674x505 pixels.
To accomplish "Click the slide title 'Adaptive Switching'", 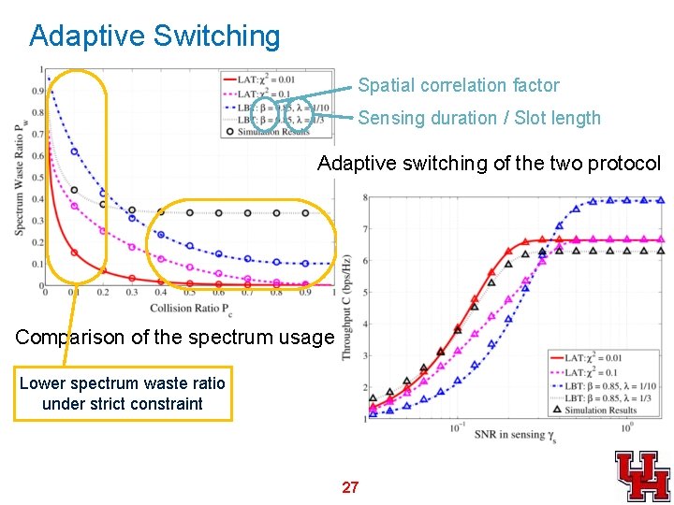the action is pyautogui.click(x=154, y=36).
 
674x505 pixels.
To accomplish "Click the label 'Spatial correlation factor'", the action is pyautogui.click(x=459, y=86).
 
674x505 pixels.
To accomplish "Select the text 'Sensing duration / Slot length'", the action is pyautogui.click(x=479, y=118).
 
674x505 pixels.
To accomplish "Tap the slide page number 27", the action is pyautogui.click(x=350, y=487).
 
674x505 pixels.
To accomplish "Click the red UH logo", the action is pyautogui.click(x=642, y=474).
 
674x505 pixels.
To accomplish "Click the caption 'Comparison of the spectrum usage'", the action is pyautogui.click(x=174, y=337).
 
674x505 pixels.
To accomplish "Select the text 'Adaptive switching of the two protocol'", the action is pyautogui.click(x=489, y=164).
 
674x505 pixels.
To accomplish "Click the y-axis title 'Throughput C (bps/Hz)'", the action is pyautogui.click(x=346, y=308).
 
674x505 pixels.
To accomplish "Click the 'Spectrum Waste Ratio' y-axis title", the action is pyautogui.click(x=20, y=178).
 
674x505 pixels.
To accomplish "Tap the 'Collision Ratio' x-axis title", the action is pyautogui.click(x=189, y=306).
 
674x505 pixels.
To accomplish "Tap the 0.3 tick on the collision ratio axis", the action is pyautogui.click(x=132, y=293).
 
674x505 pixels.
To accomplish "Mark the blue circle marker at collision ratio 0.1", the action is pyautogui.click(x=74, y=151).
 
